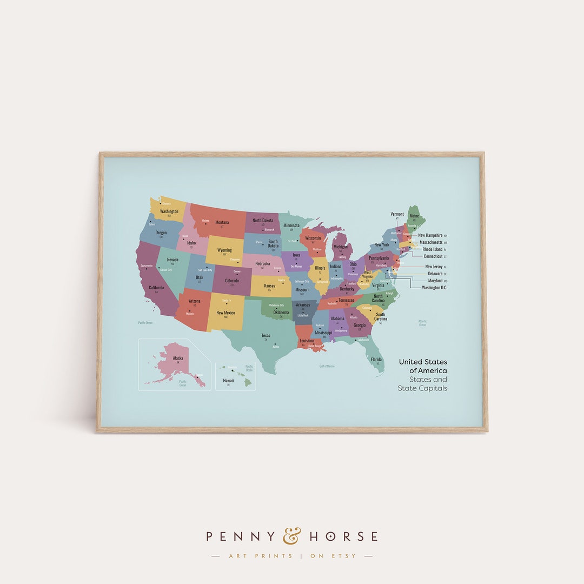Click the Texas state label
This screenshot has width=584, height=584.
pyautogui.click(x=266, y=335)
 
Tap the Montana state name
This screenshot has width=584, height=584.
pyautogui.click(x=222, y=222)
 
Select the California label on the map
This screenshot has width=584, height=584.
pyautogui.click(x=156, y=288)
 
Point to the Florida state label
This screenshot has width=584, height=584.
pyautogui.click(x=376, y=360)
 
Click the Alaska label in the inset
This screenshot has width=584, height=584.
pyautogui.click(x=177, y=358)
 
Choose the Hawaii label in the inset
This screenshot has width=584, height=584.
pyautogui.click(x=228, y=381)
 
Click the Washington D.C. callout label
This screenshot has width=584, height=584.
pyautogui.click(x=434, y=288)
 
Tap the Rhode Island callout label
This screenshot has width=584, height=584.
pyautogui.click(x=433, y=249)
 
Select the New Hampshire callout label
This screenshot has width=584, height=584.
pyautogui.click(x=430, y=235)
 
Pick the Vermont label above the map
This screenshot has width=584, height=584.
pyautogui.click(x=397, y=214)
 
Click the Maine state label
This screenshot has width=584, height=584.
pyautogui.click(x=414, y=216)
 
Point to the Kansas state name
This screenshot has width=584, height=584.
pyautogui.click(x=270, y=286)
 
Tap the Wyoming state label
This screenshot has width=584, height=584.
pyautogui.click(x=224, y=250)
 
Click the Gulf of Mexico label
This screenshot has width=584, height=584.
pyautogui.click(x=327, y=366)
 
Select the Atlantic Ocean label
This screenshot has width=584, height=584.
pyautogui.click(x=422, y=323)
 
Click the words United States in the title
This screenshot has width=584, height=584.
pyautogui.click(x=423, y=362)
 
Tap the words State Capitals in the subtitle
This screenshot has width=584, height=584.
pyautogui.click(x=422, y=388)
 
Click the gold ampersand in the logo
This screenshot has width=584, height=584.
pyautogui.click(x=292, y=536)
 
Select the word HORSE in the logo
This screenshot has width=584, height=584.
pyautogui.click(x=344, y=536)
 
